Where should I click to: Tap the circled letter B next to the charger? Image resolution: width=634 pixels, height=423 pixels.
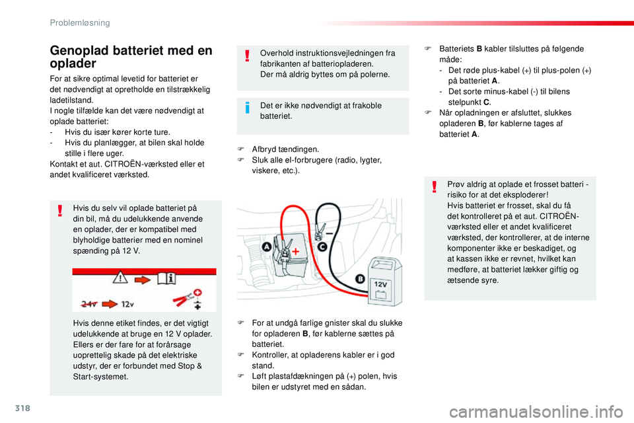(359, 279)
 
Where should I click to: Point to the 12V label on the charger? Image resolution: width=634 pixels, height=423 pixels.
(382, 285)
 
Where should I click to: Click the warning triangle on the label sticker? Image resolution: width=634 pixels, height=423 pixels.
(120, 279)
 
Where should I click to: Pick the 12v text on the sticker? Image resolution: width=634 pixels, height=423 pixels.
(127, 304)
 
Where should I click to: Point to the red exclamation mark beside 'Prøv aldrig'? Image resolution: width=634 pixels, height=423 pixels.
(433, 189)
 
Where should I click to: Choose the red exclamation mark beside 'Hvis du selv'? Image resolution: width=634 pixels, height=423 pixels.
(60, 210)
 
